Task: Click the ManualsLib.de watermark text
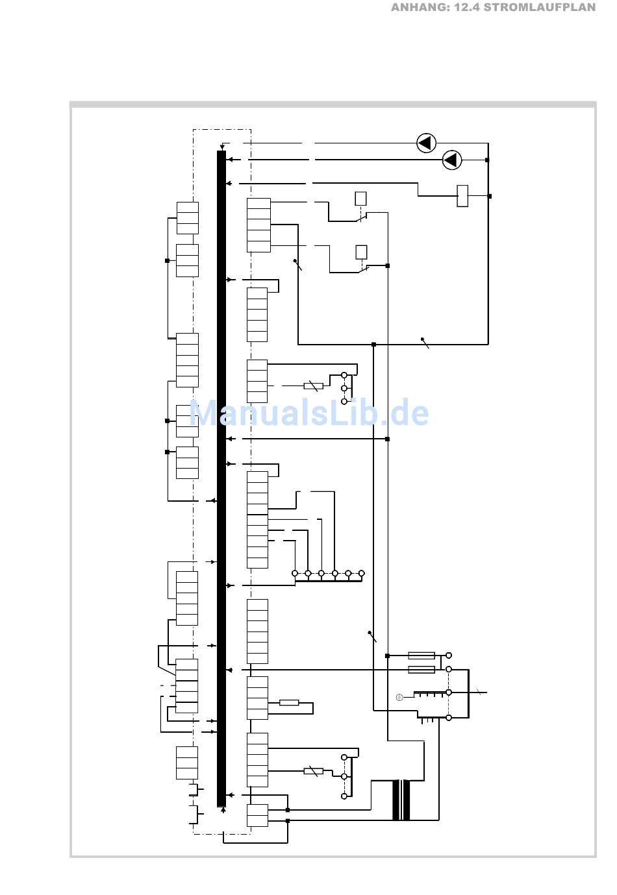click(x=309, y=413)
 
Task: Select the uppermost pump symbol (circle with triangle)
click(x=426, y=143)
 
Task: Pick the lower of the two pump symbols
click(x=452, y=160)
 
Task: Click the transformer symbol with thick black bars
click(x=401, y=800)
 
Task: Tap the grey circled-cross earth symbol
click(x=399, y=697)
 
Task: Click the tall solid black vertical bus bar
click(x=221, y=478)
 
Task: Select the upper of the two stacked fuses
click(x=422, y=656)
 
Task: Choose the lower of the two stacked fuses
click(x=422, y=669)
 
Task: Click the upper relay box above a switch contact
click(x=361, y=199)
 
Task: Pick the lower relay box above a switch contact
click(x=362, y=252)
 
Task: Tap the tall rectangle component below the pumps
click(x=462, y=196)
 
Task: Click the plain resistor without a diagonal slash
click(x=289, y=702)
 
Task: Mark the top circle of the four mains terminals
click(x=449, y=656)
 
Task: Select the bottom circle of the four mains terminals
click(x=449, y=718)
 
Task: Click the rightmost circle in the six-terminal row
click(x=362, y=573)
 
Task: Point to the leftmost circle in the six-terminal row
click(x=295, y=573)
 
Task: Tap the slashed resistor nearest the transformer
click(x=313, y=771)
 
